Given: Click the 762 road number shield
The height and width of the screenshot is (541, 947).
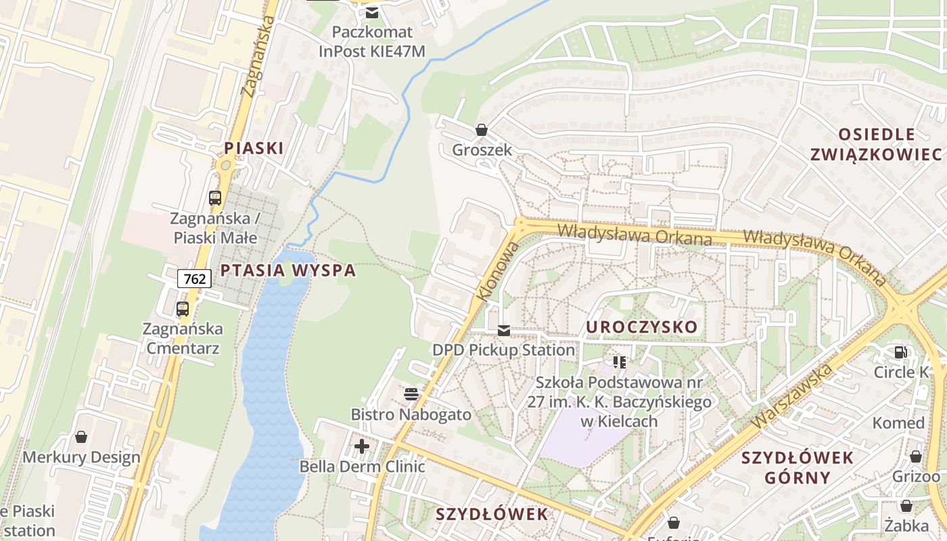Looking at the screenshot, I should [x=194, y=278].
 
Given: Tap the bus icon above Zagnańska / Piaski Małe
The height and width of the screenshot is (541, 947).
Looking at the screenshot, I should [x=215, y=198].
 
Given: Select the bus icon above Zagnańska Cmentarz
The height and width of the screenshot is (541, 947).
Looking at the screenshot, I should [x=183, y=309].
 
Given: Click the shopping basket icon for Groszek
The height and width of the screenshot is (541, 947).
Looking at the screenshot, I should [x=482, y=129].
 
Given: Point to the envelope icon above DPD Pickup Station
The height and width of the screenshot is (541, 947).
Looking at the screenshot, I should [x=504, y=330].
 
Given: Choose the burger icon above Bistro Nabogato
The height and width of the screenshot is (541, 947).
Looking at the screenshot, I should [x=411, y=394].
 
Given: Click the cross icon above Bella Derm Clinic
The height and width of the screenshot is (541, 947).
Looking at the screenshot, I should [x=362, y=446].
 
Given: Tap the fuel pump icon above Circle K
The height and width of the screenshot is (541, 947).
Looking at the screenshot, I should [x=901, y=352].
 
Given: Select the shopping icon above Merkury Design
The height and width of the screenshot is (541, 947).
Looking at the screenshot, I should [x=81, y=437].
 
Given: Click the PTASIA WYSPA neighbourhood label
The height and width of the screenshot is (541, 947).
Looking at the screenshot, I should [x=287, y=270].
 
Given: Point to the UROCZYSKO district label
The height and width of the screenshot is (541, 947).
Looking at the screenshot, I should [x=641, y=327].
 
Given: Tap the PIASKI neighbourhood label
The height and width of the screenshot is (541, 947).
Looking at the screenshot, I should [x=254, y=147].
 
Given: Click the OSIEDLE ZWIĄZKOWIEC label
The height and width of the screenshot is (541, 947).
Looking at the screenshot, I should [x=876, y=144].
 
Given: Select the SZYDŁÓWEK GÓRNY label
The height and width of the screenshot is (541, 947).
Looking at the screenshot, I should [x=798, y=467].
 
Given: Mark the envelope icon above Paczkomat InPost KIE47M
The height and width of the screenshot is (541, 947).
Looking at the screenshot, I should [x=372, y=12].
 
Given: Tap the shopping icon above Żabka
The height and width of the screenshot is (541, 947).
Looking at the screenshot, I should [x=906, y=505].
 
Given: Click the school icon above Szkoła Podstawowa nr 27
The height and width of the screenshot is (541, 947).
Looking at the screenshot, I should [x=620, y=362].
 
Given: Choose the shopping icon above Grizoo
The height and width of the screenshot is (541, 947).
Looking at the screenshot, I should [x=916, y=456].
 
